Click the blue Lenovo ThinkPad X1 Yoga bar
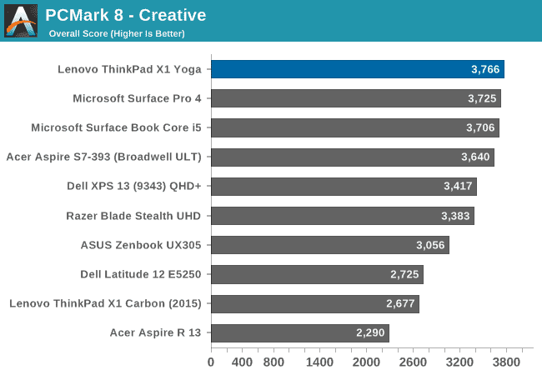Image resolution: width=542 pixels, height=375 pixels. (357, 69)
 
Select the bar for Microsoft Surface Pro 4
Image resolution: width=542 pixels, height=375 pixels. (355, 98)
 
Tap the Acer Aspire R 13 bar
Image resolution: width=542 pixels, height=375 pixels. (299, 332)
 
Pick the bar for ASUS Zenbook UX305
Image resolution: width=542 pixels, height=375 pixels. (329, 245)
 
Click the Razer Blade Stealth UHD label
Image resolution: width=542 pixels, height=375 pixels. (134, 216)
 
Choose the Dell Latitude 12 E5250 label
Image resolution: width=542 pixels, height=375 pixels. (141, 274)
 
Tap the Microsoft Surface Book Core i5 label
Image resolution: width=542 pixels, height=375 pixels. (117, 127)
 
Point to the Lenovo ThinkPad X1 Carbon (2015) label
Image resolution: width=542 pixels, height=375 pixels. (106, 303)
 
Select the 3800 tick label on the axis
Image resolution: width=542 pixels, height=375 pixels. (506, 362)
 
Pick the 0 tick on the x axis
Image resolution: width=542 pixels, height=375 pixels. (210, 362)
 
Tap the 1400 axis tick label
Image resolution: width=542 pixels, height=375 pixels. (319, 362)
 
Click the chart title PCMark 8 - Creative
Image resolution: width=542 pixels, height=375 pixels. (125, 15)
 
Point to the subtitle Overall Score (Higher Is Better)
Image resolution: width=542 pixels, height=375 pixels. (117, 34)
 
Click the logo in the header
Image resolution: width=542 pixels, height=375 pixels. (20, 21)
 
